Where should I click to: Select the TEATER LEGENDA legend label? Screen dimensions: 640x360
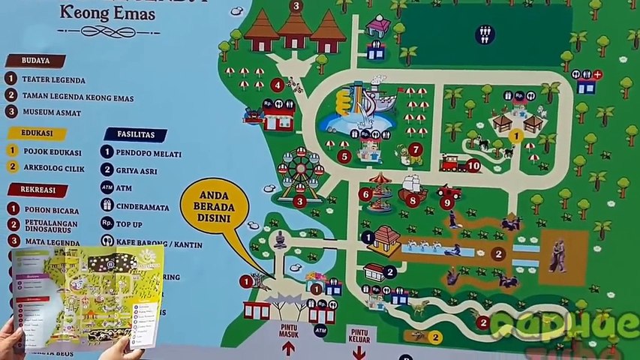[53, 80]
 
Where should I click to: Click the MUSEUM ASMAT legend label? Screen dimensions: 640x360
[53, 112]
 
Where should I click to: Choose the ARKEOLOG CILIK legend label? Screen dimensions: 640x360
[54, 166]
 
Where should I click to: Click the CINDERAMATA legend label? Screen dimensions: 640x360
[149, 205]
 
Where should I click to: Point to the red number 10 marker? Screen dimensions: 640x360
[473, 165]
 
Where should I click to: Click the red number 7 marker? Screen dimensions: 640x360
[416, 149]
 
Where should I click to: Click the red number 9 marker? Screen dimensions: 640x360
[447, 202]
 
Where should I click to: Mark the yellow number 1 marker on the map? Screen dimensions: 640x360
[515, 136]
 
